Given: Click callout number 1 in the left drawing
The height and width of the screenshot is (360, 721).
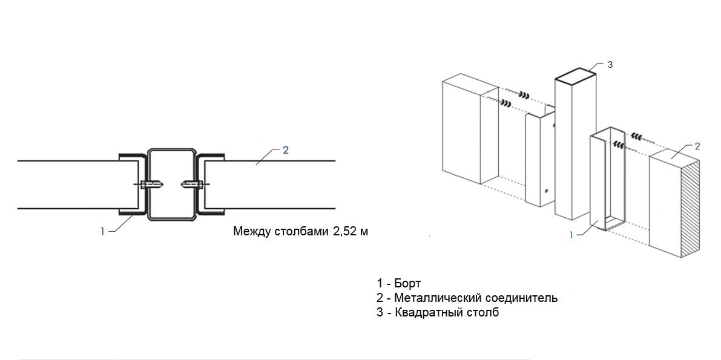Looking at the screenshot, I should (x=103, y=231).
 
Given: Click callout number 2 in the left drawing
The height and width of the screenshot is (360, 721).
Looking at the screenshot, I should (x=285, y=149).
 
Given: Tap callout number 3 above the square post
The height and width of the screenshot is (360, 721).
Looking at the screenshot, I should (x=610, y=64).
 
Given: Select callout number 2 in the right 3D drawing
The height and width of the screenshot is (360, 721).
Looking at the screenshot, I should (x=697, y=146).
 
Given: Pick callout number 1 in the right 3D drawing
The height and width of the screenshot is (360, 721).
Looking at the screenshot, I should (x=571, y=235).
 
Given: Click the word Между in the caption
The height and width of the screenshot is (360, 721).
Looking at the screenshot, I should (x=250, y=231).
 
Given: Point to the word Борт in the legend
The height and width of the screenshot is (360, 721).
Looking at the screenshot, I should (x=407, y=283).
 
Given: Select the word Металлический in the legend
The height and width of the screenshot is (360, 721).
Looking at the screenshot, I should (x=432, y=298).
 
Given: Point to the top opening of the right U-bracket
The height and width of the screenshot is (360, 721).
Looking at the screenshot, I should (x=608, y=134).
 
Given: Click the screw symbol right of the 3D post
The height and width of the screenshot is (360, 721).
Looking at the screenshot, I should (x=636, y=135).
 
